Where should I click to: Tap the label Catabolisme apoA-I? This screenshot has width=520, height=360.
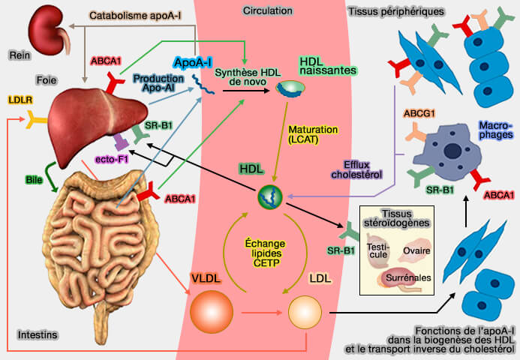[139, 14]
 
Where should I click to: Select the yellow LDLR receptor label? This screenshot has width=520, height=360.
[20, 99]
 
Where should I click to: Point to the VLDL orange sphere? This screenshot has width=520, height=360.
[212, 310]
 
